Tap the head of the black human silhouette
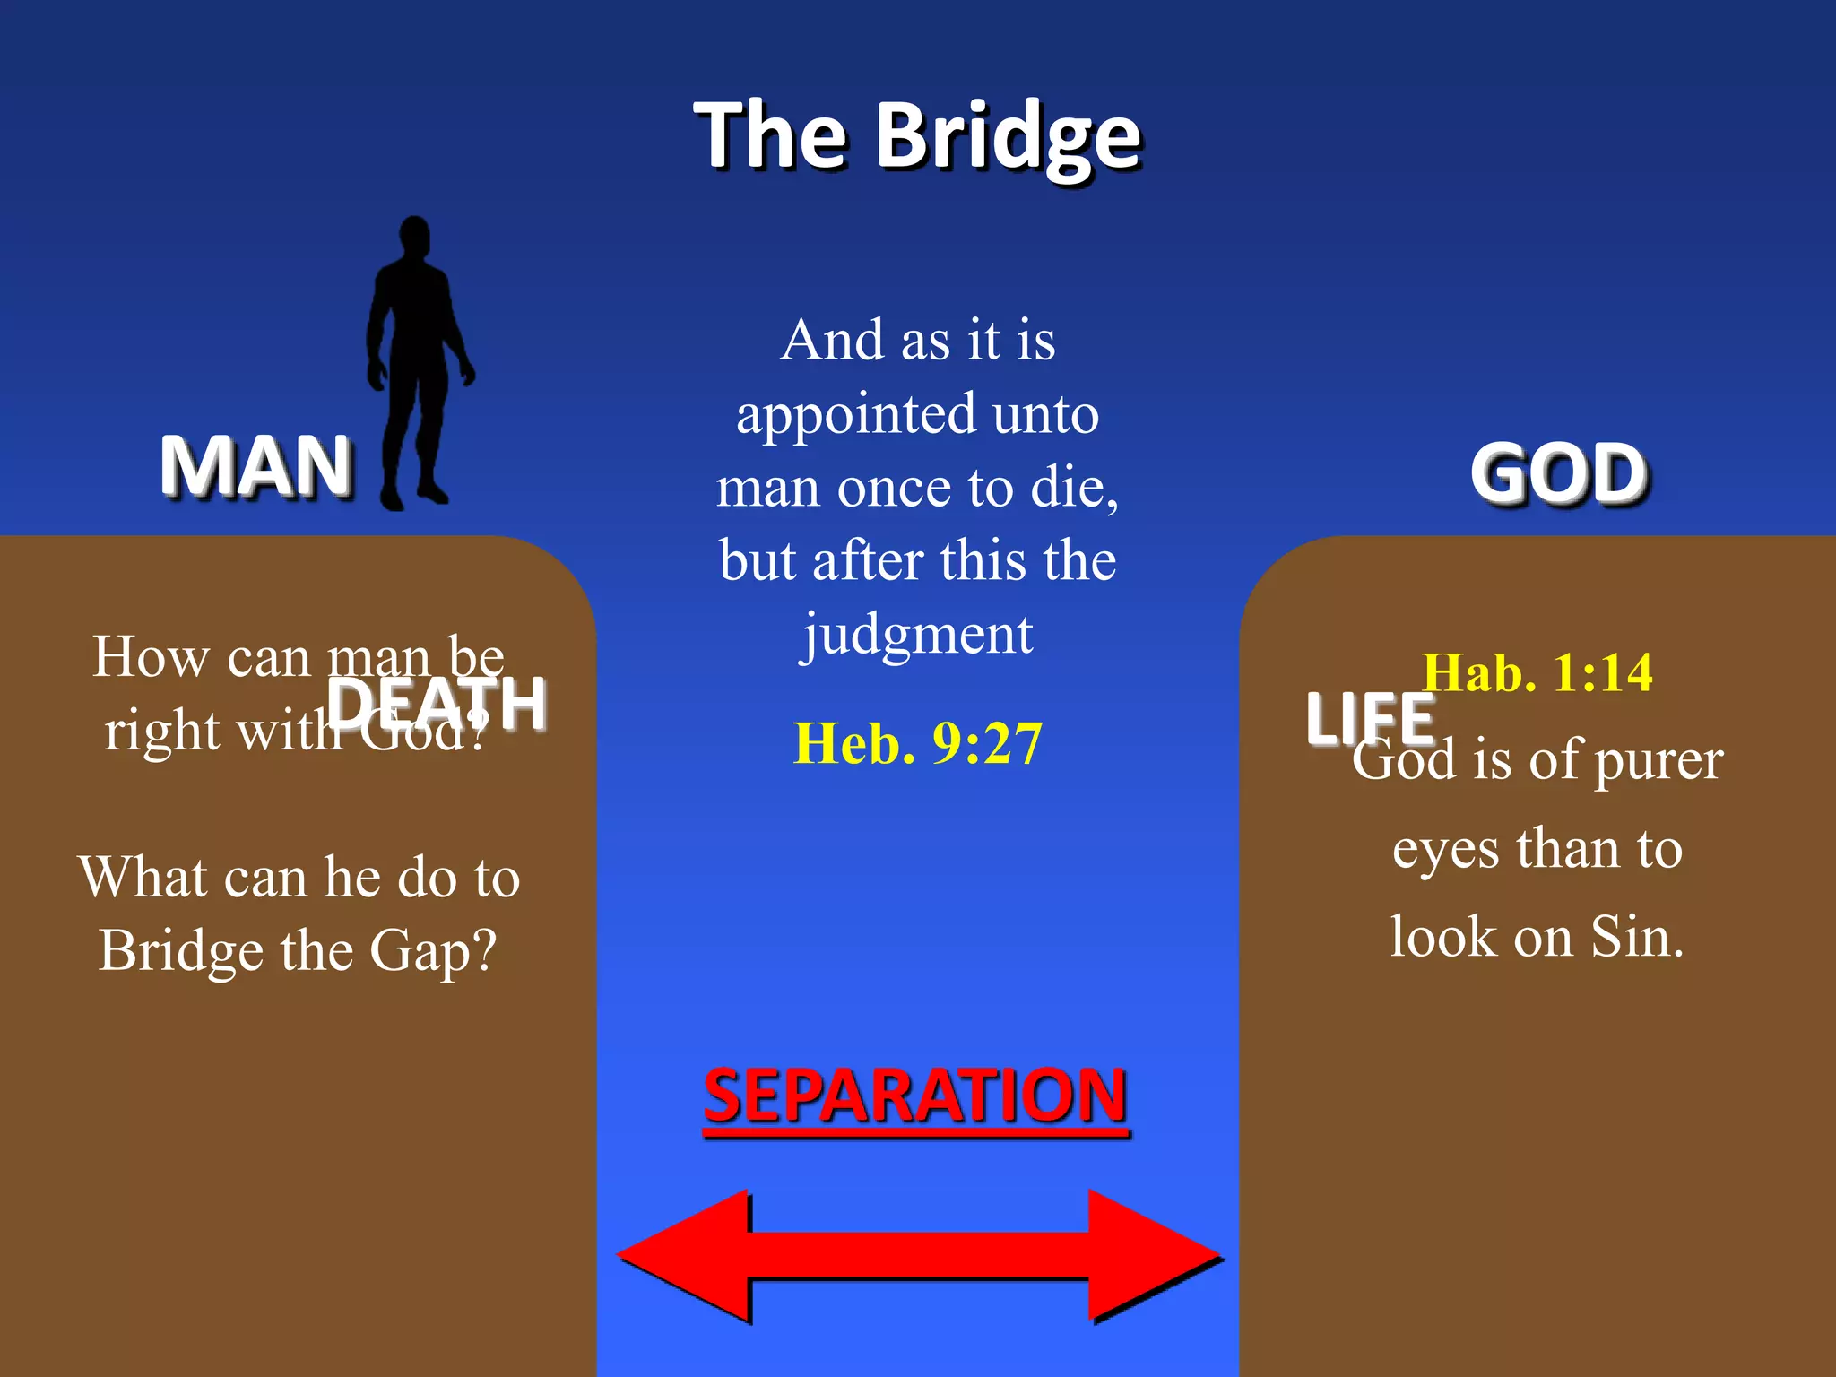[414, 237]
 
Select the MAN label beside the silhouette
[255, 465]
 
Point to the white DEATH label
[437, 704]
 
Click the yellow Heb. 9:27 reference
[918, 743]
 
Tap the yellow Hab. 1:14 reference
[1537, 672]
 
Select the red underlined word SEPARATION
[915, 1096]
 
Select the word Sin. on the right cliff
[1637, 937]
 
